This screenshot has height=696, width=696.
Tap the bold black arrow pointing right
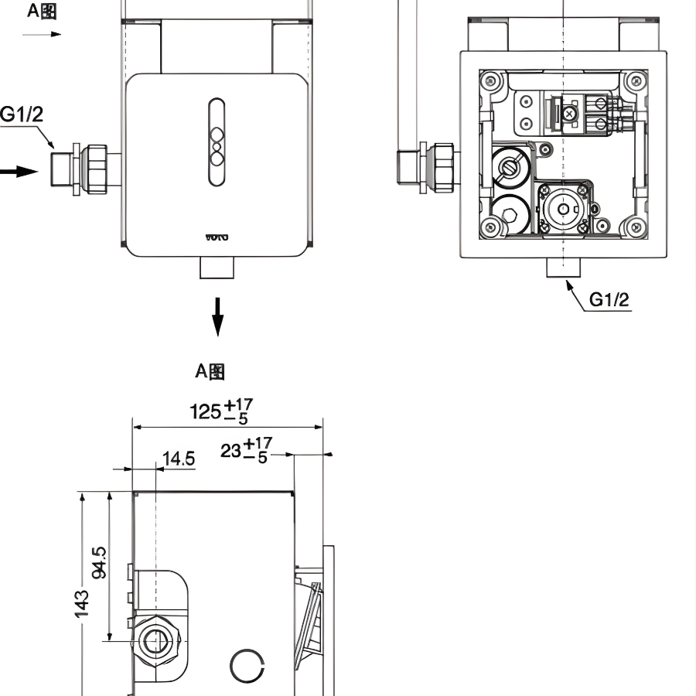(x=19, y=171)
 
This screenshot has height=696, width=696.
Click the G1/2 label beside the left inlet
(x=22, y=115)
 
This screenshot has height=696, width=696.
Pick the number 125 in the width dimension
(x=206, y=411)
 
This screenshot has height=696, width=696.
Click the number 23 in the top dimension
(x=230, y=450)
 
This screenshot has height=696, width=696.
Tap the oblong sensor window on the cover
(x=217, y=142)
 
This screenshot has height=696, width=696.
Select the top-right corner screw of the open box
(x=636, y=80)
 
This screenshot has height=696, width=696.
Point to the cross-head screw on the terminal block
(x=570, y=113)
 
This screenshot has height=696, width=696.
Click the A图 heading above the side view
(x=210, y=371)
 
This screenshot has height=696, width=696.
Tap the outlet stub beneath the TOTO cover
(x=217, y=268)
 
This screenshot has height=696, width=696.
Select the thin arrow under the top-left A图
(x=42, y=34)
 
